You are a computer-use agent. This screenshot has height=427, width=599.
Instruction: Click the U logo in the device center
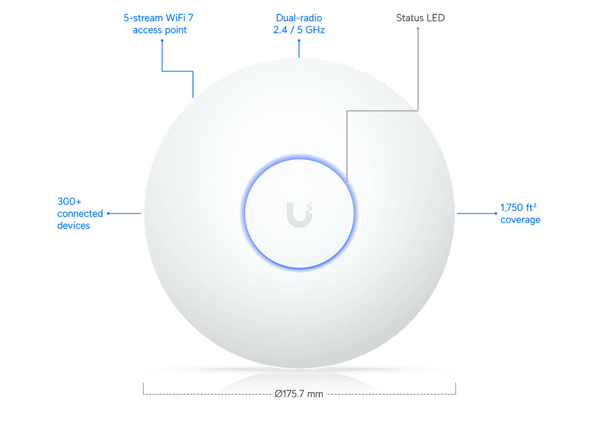299,214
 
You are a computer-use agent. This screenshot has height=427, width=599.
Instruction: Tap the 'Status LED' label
421,18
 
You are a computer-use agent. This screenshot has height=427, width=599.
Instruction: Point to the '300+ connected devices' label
73,214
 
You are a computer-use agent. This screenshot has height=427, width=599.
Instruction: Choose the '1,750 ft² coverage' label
519,213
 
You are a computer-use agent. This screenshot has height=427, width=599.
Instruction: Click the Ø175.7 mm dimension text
299,394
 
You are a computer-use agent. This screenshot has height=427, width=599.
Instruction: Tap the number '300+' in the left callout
64,202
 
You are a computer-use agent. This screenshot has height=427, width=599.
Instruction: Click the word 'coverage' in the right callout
519,220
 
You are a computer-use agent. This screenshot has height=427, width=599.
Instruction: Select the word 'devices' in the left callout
73,225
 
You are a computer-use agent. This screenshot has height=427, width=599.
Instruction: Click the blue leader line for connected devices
125,213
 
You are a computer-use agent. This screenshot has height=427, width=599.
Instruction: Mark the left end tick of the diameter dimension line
143,389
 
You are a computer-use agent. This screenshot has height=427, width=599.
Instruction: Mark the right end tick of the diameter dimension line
456,389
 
